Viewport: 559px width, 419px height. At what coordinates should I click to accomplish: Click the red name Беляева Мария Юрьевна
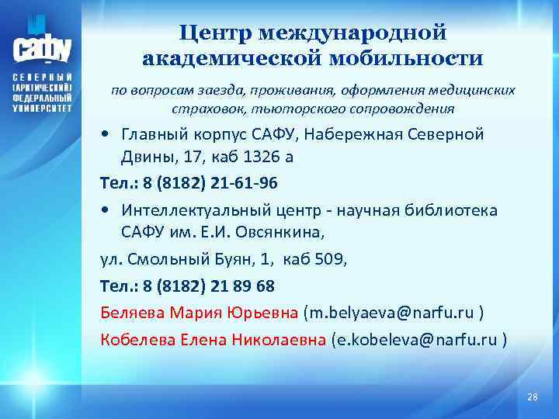point(200,313)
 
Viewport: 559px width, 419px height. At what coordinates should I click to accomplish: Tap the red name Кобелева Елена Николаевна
point(214,339)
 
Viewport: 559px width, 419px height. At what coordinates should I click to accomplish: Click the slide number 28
point(532,397)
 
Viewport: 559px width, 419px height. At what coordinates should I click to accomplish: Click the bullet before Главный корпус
point(106,134)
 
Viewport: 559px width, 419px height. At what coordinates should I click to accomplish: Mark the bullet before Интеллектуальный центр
point(106,211)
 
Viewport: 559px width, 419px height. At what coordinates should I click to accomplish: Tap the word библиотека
point(456,210)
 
